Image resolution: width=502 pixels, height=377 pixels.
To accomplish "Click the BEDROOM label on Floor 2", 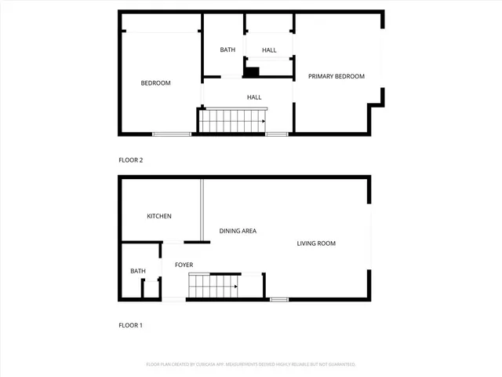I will [x=155, y=83].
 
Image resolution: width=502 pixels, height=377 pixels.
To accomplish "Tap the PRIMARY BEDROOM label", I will [x=336, y=76].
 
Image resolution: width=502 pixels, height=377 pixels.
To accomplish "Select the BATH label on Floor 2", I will [x=227, y=50].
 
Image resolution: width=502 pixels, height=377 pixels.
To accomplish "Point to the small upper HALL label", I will [x=269, y=50].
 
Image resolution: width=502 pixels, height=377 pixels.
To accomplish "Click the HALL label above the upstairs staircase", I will [x=254, y=97].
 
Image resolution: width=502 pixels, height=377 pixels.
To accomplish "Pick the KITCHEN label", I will [x=159, y=217].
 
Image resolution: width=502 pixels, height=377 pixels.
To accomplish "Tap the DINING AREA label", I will [x=238, y=231].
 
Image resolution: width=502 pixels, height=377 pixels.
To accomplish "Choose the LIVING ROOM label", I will [x=316, y=243].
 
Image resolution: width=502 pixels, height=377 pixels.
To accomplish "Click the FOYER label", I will [x=184, y=265].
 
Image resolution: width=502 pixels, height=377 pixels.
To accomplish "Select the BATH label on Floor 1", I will [x=138, y=272].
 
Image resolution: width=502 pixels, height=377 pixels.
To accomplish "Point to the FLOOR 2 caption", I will [x=130, y=160].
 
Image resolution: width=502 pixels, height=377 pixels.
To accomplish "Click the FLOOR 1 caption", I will [x=130, y=325].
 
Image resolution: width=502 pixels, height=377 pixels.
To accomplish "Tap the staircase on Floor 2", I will [x=232, y=121].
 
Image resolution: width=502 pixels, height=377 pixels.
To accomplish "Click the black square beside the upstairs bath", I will [x=252, y=72].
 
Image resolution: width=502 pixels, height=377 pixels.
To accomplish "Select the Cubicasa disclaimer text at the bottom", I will [x=251, y=364].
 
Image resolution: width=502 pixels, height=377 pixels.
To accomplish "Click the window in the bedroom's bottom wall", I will [x=172, y=134].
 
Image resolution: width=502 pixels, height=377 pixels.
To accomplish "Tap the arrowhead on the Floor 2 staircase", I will [x=263, y=121].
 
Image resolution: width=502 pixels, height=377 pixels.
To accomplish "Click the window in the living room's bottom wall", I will [x=279, y=299].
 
